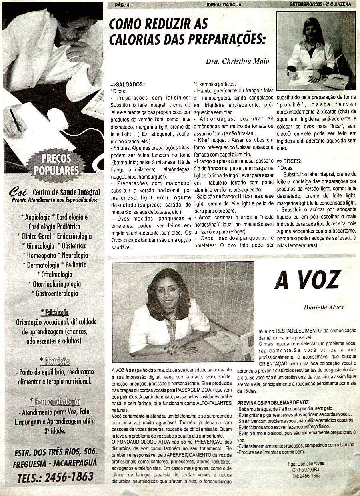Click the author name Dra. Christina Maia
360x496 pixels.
click(237, 62)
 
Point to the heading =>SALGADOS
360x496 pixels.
click(128, 85)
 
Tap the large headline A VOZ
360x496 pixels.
click(307, 280)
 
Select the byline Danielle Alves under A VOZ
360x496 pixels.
click(324, 307)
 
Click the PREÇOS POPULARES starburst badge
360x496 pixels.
click(56, 164)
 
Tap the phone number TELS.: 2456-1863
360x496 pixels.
click(56, 476)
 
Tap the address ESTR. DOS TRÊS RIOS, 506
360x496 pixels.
click(55, 452)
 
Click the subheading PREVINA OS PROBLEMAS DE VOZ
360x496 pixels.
click(273, 402)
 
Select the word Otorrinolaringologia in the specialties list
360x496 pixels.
click(55, 284)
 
